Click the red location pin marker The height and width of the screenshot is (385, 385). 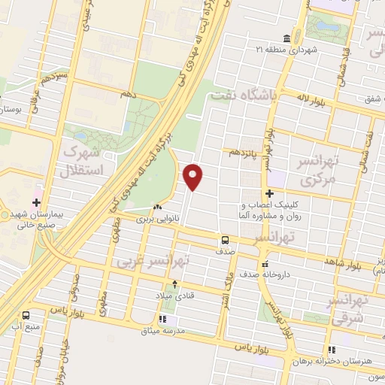[194, 176]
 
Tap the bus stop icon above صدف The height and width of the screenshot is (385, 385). [225, 241]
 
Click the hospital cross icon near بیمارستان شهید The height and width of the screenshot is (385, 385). [35, 203]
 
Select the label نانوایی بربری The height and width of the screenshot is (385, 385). [157, 220]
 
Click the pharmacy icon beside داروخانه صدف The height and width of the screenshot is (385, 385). [264, 265]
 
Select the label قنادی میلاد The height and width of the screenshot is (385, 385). [175, 296]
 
